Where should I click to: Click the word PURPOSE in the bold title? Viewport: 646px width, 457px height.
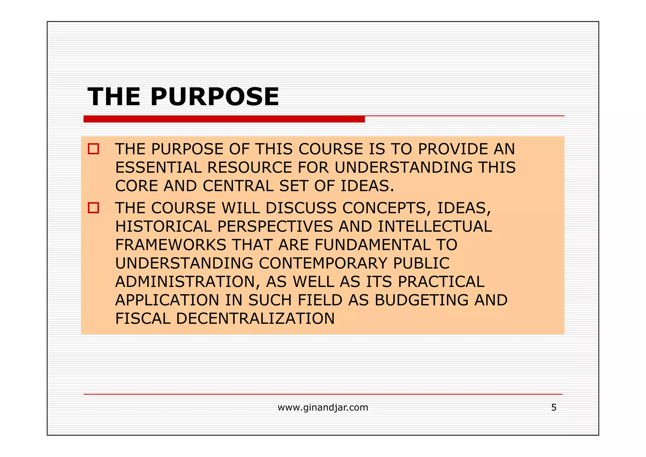click(x=214, y=97)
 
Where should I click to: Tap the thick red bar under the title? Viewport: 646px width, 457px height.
click(x=224, y=119)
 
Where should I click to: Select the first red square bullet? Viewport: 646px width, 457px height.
click(x=93, y=149)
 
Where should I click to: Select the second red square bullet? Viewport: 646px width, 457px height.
click(x=93, y=208)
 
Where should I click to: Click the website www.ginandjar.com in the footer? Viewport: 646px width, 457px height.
click(x=323, y=407)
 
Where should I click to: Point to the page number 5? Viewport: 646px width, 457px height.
click(x=554, y=407)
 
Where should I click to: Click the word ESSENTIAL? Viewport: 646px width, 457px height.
click(x=158, y=167)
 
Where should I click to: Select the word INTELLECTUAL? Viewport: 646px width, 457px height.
click(x=435, y=226)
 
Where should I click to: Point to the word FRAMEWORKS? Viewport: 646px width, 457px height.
click(x=171, y=245)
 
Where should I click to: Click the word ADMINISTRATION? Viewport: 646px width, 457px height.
click(x=187, y=282)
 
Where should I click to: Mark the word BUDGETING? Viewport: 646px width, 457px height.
click(x=421, y=300)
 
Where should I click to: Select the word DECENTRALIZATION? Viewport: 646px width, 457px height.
click(x=255, y=318)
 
